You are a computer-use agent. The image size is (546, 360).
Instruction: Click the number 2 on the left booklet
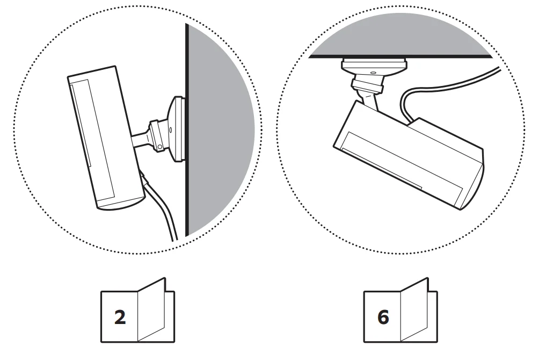120,317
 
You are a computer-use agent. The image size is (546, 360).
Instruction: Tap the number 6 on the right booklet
383,317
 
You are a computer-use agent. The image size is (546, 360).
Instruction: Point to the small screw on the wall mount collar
170,129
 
